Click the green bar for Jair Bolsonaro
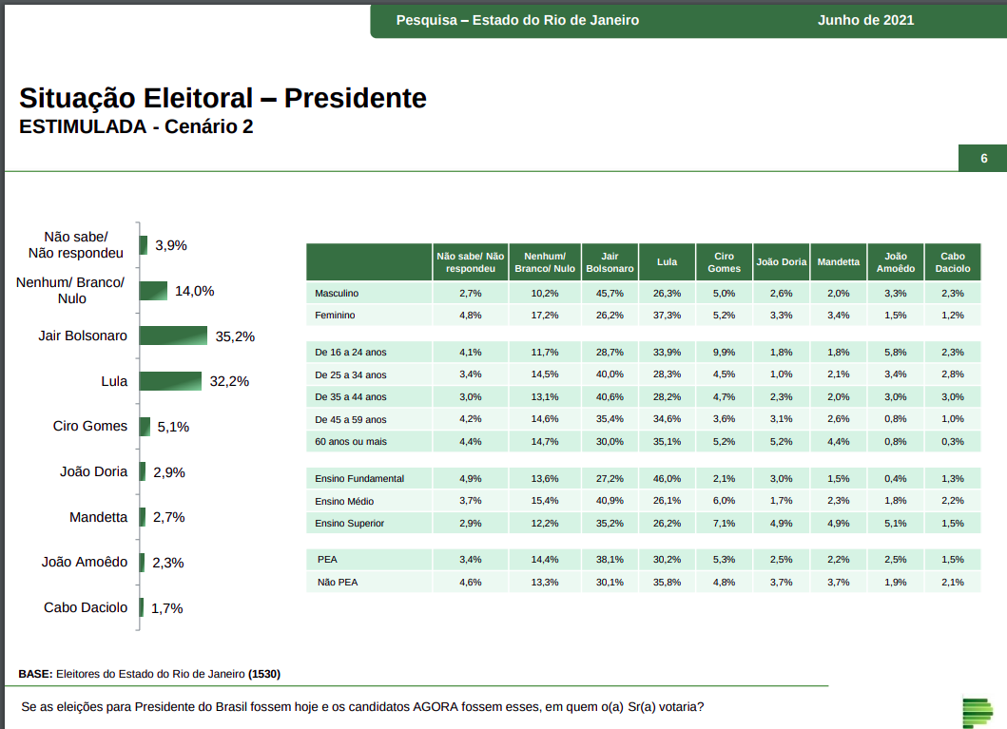173,336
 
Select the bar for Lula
170,381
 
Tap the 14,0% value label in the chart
194,291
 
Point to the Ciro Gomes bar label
90,426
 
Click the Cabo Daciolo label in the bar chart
86,607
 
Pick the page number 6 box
984,159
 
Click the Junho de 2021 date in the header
865,20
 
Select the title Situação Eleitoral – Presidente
223,98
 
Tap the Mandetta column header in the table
838,261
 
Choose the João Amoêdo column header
896,261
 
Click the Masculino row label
338,293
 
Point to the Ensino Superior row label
350,523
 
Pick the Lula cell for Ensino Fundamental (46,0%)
667,478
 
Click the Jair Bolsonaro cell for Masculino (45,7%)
610,293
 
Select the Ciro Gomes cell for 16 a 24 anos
725,352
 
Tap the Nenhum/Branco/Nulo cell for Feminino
545,315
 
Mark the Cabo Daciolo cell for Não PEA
953,582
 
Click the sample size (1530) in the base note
264,674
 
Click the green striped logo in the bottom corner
977,710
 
